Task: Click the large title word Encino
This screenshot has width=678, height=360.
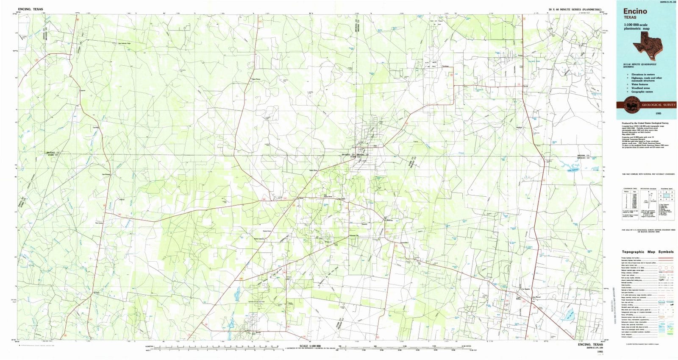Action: [x=635, y=11]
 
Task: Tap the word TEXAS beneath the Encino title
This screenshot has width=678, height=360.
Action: [x=630, y=18]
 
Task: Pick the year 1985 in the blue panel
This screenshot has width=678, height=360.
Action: [x=658, y=114]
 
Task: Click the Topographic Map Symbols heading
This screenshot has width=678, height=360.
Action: [x=647, y=252]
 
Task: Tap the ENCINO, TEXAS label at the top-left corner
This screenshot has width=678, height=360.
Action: [x=31, y=8]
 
